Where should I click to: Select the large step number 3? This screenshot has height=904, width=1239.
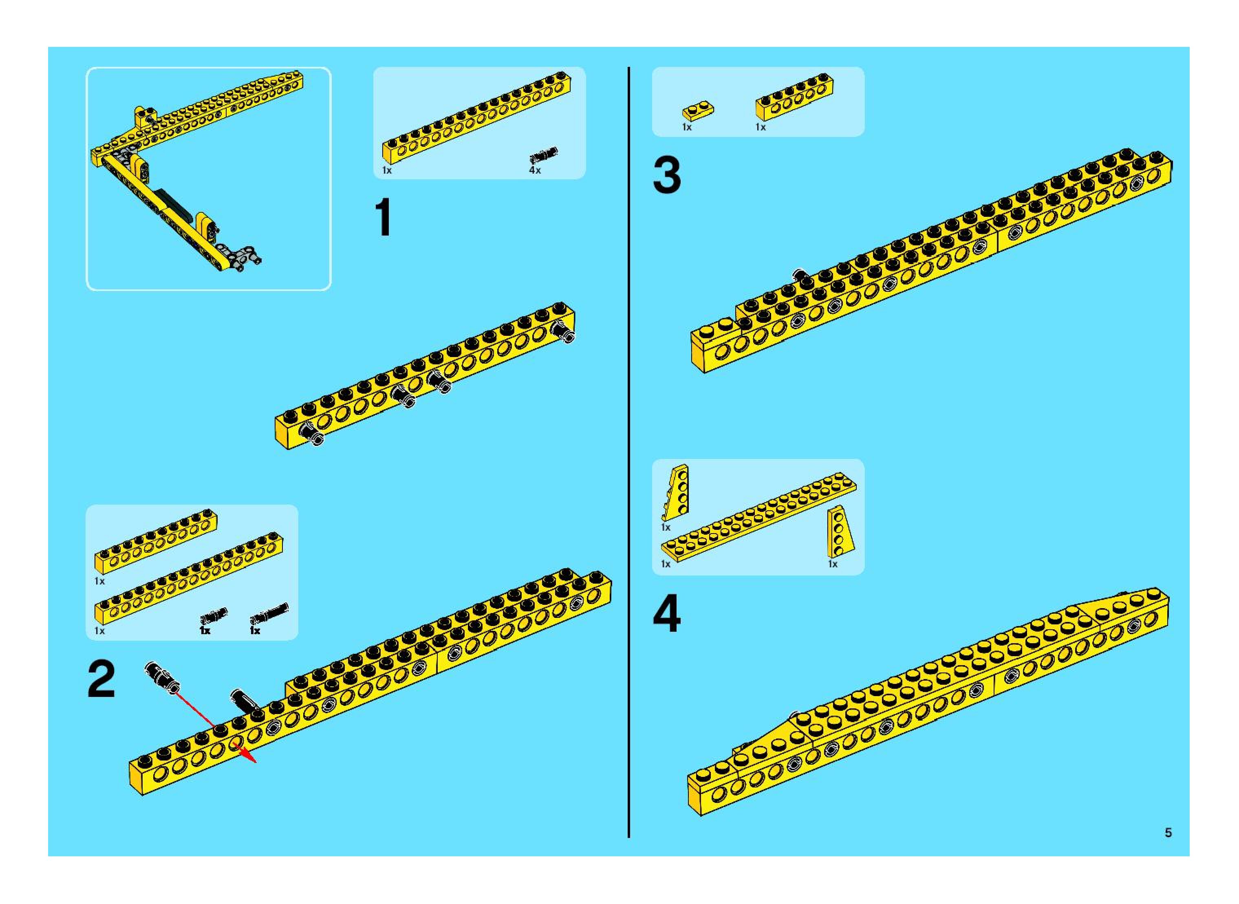coord(666,175)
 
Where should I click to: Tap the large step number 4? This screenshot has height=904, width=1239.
coord(666,614)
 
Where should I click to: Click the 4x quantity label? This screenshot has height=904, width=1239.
coord(535,171)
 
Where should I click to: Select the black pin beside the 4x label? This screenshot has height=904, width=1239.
coord(543,155)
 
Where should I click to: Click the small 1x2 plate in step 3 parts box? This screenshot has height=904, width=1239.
coord(698,110)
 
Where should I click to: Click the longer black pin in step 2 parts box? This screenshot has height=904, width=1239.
coord(269,614)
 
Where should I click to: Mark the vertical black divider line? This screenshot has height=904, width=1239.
coord(629,452)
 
